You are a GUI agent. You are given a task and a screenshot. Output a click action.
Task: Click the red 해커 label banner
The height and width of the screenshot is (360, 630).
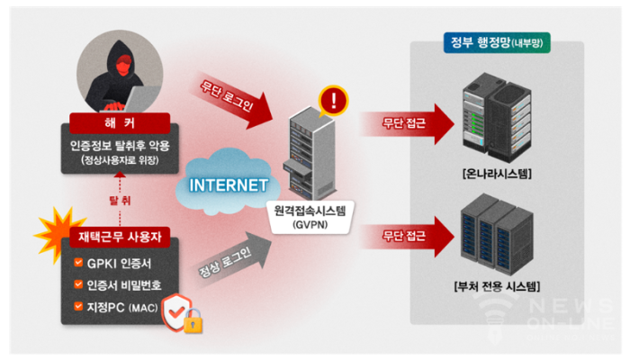click(120, 122)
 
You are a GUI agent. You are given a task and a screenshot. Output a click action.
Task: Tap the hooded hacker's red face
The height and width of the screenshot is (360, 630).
click(124, 65)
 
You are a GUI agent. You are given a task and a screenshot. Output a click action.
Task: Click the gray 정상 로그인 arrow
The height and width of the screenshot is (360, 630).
click(232, 258)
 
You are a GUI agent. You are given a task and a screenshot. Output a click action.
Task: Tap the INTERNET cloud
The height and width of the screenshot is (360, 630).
click(228, 184)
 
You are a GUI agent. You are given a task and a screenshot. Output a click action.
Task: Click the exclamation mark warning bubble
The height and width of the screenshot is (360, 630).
click(333, 100)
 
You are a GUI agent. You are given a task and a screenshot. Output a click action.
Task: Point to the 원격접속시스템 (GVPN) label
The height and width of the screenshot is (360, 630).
click(310, 217)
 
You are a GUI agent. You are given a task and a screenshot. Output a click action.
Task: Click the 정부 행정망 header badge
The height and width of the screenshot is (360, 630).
click(497, 42)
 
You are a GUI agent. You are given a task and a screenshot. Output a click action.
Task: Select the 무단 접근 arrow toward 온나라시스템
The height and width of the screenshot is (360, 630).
click(407, 123)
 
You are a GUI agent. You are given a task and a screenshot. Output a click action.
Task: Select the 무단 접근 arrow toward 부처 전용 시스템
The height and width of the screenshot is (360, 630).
click(407, 236)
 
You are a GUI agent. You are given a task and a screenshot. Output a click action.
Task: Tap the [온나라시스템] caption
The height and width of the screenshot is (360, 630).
click(497, 174)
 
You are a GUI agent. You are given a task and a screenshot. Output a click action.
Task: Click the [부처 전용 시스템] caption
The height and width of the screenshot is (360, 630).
click(497, 286)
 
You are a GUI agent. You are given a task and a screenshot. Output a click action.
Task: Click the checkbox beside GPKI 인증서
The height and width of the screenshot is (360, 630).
click(78, 263)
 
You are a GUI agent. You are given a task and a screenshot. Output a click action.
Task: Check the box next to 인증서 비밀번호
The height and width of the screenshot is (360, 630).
click(78, 284)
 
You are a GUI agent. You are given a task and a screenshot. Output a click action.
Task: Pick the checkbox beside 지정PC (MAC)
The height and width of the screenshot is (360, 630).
click(78, 306)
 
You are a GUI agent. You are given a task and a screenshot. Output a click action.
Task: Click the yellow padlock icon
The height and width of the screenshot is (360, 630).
click(193, 321)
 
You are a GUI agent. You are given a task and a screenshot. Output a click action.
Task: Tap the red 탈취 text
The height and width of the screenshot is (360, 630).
click(120, 200)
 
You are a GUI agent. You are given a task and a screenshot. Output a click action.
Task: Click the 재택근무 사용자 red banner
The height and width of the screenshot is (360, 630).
click(120, 237)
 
